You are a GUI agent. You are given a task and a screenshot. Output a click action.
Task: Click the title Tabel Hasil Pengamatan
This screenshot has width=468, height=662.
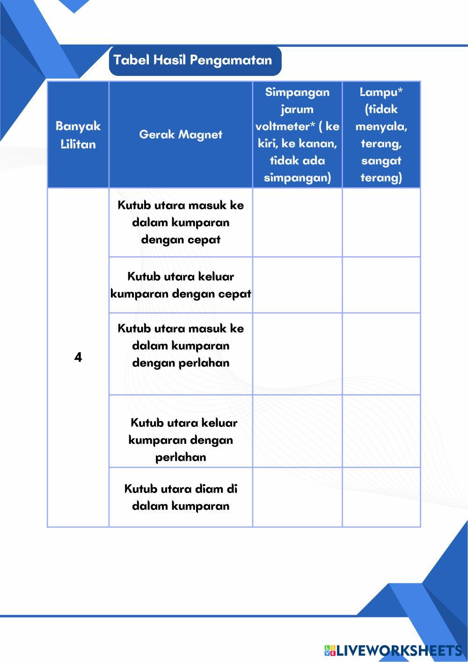click(193, 60)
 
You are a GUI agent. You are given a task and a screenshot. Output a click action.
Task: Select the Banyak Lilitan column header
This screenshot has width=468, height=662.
click(78, 135)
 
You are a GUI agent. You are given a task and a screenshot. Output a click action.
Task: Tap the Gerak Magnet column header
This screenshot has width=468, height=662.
click(181, 135)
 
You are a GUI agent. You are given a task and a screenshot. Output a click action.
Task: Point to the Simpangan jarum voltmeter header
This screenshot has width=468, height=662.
click(297, 135)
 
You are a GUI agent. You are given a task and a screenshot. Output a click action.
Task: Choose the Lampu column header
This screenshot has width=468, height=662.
click(381, 135)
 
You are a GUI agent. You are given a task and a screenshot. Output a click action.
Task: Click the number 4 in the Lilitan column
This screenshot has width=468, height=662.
click(78, 358)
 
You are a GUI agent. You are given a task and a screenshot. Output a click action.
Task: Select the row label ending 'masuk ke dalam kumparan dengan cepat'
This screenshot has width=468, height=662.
click(181, 222)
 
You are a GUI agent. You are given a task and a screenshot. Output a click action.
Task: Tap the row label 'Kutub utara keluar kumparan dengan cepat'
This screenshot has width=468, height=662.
click(181, 285)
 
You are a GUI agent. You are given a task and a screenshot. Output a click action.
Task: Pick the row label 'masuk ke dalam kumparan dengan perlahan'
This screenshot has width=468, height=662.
click(181, 346)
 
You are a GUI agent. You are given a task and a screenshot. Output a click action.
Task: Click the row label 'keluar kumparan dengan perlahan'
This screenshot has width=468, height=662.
click(181, 440)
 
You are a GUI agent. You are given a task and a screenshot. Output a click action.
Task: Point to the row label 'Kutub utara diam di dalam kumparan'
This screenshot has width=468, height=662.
click(181, 497)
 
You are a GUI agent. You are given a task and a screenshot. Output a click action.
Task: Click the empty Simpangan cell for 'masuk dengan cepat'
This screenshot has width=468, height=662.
click(297, 222)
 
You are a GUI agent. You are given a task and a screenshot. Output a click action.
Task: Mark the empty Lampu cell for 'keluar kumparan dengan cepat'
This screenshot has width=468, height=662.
click(381, 285)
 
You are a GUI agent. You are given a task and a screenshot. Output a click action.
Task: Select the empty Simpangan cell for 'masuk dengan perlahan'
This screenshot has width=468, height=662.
click(297, 354)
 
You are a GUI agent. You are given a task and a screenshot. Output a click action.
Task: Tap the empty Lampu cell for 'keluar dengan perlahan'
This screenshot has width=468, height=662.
click(381, 431)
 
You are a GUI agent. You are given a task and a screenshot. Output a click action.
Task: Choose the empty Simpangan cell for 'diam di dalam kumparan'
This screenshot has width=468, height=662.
click(297, 497)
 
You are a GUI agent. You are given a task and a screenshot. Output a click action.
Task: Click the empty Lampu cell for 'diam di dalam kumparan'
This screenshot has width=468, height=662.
click(381, 497)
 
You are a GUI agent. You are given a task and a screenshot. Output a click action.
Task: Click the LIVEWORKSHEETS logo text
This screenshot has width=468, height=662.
click(399, 650)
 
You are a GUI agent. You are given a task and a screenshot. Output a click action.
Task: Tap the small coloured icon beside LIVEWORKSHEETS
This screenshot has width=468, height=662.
click(329, 650)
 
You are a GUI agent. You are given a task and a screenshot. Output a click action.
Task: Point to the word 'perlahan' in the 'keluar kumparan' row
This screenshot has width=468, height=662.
click(181, 457)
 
